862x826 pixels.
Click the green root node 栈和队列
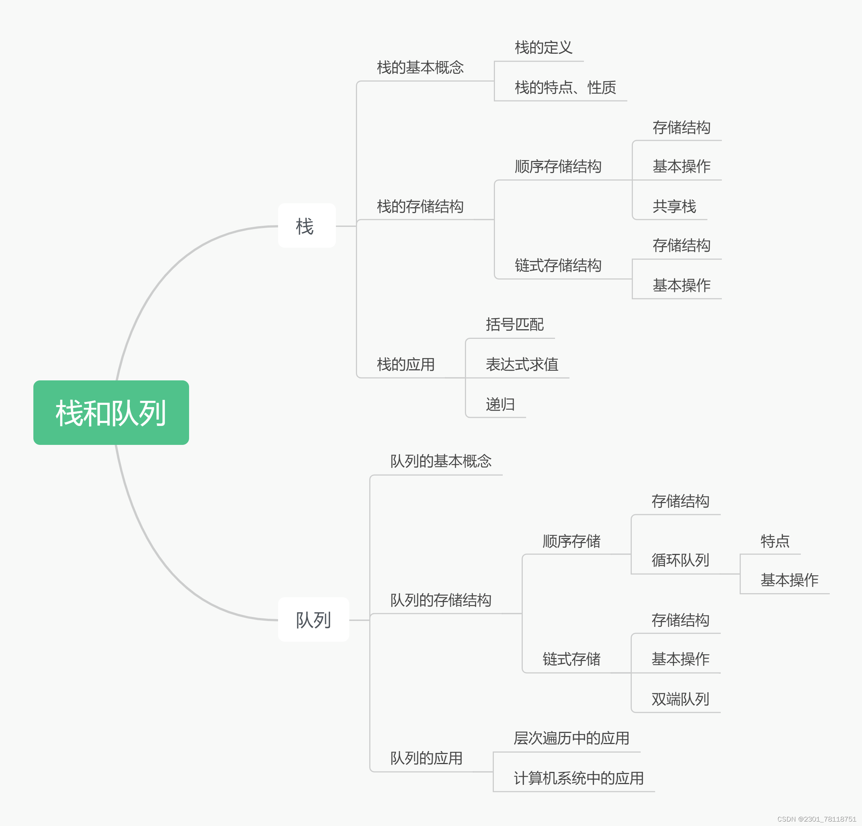tap(111, 413)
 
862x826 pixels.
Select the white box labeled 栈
tap(307, 226)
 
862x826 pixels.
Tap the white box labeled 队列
tap(313, 620)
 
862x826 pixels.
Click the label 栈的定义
tap(543, 47)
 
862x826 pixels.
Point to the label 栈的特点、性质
tap(565, 87)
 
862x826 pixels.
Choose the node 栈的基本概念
tap(420, 67)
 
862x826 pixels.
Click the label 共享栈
tap(674, 206)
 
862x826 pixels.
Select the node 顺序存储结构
tap(558, 166)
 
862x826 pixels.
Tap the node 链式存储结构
tap(558, 265)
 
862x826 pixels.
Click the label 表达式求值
tap(522, 364)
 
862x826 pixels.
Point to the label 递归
tap(500, 404)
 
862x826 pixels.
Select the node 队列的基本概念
tap(441, 461)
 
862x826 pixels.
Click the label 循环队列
tap(680, 560)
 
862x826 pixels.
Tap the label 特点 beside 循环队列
tap(775, 541)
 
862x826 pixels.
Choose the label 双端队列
tap(680, 699)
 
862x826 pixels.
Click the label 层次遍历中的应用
tap(571, 738)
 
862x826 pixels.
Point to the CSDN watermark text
tap(816, 819)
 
